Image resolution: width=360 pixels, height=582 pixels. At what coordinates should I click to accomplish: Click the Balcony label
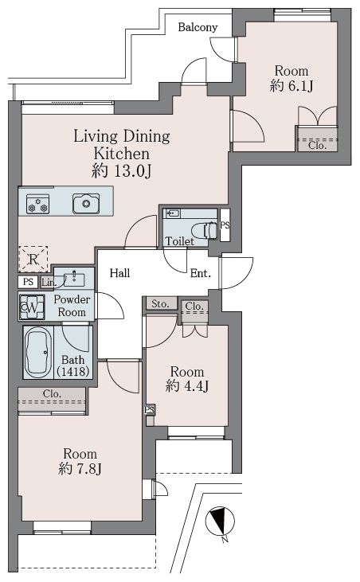[198, 27]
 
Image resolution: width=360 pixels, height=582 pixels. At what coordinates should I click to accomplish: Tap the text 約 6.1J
[292, 86]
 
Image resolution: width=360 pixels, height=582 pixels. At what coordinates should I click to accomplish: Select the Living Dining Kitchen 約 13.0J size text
[121, 171]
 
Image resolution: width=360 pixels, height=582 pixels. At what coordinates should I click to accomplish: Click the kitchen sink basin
[86, 203]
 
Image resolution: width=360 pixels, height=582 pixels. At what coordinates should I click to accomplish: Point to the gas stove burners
[38, 204]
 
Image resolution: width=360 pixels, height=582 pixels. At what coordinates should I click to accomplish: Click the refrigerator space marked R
[33, 259]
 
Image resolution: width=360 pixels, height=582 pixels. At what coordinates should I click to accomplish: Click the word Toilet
[180, 241]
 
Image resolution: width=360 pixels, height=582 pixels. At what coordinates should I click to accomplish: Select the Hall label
[120, 274]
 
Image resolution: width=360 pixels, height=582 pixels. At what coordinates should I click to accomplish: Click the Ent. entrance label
[201, 274]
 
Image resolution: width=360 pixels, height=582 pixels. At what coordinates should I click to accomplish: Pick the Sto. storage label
[160, 304]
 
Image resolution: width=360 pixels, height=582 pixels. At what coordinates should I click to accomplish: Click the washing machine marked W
[32, 307]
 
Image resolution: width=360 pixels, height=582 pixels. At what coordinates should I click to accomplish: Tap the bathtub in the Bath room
[38, 352]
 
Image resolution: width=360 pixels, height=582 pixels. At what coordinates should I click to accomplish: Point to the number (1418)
[73, 371]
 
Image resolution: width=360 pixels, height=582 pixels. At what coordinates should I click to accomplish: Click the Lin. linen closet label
[49, 283]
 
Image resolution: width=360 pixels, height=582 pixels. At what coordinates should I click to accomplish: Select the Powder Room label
[72, 306]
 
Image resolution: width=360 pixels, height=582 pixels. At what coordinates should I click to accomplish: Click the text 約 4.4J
[187, 386]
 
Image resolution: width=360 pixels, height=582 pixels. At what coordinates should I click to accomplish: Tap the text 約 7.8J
[80, 468]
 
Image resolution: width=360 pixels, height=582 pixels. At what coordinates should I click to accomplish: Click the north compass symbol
[220, 522]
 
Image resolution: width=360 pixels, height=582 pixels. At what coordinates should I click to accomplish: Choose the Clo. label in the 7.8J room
[52, 394]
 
